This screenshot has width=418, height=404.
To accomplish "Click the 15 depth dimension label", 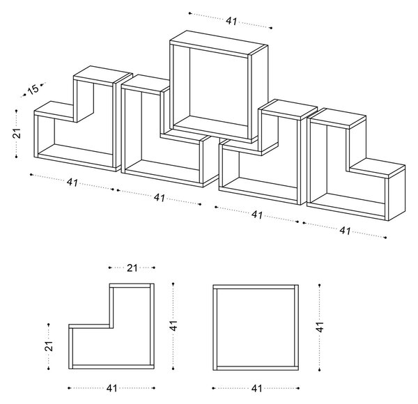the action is point(34,89).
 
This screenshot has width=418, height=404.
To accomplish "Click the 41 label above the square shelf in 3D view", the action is point(231,21).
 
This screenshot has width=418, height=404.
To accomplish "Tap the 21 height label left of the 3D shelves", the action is point(17,133).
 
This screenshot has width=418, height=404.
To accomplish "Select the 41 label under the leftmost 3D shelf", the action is point(72,182).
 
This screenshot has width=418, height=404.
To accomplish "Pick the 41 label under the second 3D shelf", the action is point(160,198).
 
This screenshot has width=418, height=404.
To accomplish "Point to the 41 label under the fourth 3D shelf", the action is point(257,215).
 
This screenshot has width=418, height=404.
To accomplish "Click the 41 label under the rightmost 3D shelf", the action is point(345,231).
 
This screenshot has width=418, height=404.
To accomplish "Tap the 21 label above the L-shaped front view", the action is point(132,267).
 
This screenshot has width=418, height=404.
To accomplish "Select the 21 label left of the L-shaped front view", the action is point(49,346).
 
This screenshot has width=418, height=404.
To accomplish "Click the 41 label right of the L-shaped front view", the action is point(173,325).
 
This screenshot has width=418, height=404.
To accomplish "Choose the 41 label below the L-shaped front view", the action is point(111,388).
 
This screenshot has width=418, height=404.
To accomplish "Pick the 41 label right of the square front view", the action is point(320,327).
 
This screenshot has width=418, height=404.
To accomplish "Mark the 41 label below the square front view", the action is point(256,388).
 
